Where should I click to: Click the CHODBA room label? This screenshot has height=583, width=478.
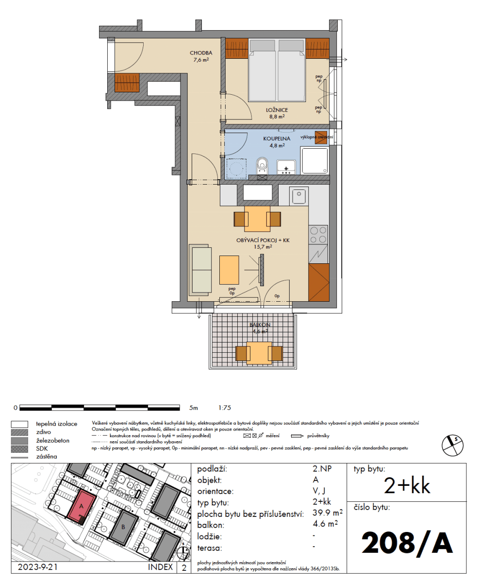(x=199, y=53)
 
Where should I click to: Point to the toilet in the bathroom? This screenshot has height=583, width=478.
(x=262, y=167)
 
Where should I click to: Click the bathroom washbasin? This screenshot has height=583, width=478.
(x=286, y=167)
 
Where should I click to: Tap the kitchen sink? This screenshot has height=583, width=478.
(x=298, y=196)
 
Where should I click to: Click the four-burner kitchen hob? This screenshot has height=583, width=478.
(x=318, y=235)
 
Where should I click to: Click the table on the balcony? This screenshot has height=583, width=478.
(x=258, y=353)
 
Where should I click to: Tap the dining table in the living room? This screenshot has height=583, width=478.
(x=257, y=219)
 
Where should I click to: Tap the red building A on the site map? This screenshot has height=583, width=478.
(x=82, y=505)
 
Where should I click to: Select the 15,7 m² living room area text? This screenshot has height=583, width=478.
(x=263, y=246)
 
